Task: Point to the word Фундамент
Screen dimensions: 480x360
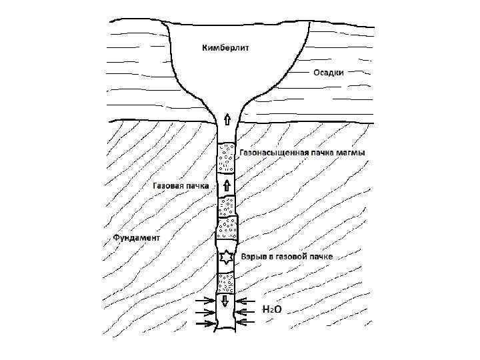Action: tap(137, 237)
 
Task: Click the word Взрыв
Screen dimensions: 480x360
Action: tap(254, 257)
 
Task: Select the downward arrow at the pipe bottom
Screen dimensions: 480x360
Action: tap(225, 301)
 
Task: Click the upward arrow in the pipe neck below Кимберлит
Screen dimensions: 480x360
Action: tap(227, 119)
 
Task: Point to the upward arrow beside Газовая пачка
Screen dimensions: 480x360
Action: tap(226, 185)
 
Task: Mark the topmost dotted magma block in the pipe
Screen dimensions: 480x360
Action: tap(226, 158)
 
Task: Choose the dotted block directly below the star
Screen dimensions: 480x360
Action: tap(225, 282)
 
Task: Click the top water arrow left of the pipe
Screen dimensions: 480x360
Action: tap(203, 299)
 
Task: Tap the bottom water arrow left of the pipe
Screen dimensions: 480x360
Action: tap(203, 323)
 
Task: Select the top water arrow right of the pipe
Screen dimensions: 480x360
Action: tap(248, 299)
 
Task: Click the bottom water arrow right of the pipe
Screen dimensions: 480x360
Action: tap(248, 323)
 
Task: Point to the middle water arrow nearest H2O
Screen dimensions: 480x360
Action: tap(248, 311)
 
